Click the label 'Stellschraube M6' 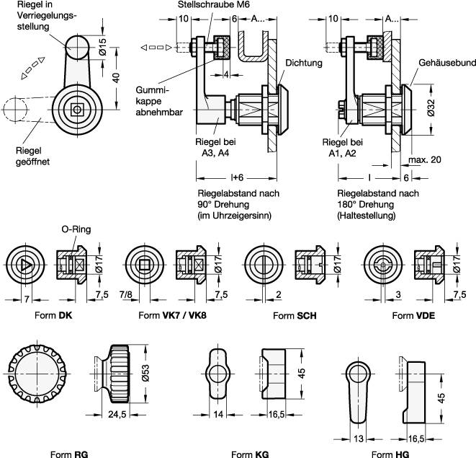(210, 5)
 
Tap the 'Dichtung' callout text (303, 63)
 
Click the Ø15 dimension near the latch (102, 48)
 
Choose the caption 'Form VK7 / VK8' (168, 315)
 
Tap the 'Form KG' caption (247, 454)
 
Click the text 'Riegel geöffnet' (32, 156)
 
